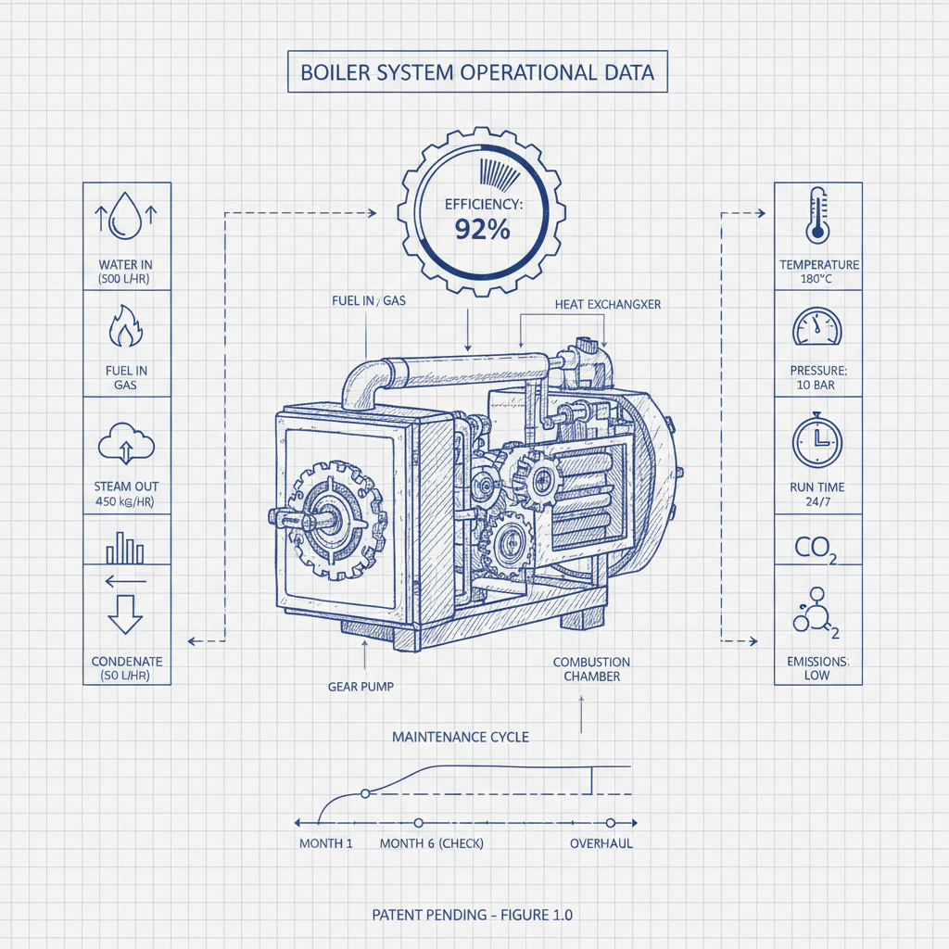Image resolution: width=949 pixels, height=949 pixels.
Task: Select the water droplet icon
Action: [126, 220]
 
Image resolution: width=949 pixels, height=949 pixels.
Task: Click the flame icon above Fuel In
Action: [126, 327]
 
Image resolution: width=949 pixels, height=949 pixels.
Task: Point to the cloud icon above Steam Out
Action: [126, 443]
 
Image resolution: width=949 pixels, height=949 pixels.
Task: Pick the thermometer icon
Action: [817, 215]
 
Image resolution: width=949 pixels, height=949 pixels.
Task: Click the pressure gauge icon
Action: [817, 329]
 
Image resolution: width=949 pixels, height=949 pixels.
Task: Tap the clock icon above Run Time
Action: [817, 440]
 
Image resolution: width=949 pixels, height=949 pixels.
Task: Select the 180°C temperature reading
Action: [818, 279]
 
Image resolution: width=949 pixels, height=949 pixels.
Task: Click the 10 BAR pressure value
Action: [818, 384]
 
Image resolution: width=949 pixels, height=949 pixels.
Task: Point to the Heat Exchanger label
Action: [607, 304]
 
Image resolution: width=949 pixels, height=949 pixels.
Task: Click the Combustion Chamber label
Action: [591, 669]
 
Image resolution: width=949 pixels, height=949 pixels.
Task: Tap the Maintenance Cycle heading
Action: [461, 737]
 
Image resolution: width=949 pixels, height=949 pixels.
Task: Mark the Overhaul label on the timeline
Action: [601, 843]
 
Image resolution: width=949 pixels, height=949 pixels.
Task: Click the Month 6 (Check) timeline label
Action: [431, 843]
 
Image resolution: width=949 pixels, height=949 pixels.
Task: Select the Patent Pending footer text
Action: [472, 915]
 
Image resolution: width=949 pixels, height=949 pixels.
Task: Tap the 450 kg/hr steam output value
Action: [126, 500]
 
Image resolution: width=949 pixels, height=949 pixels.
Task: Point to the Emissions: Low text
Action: [816, 668]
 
